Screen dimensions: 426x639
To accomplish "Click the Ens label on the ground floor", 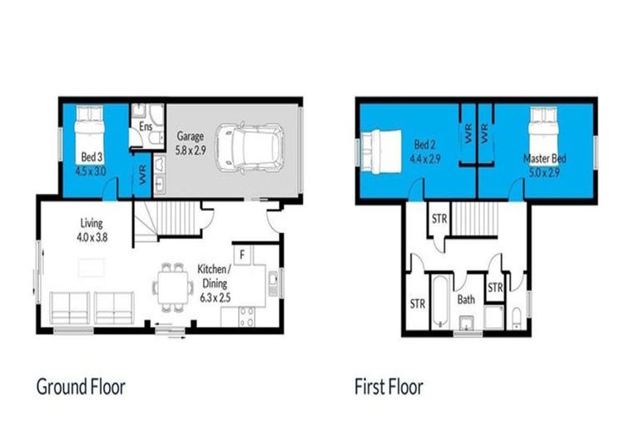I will pos(146,127).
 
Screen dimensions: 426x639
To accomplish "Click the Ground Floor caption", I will pos(81,387).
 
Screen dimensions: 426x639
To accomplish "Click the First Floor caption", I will pos(389,387).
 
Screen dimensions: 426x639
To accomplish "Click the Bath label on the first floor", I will pos(465,299).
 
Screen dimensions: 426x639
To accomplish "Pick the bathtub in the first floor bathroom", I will pos(440,300).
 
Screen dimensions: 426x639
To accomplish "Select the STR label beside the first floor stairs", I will pos(438,219).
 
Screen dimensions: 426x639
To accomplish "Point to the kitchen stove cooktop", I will pos(248,316).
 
